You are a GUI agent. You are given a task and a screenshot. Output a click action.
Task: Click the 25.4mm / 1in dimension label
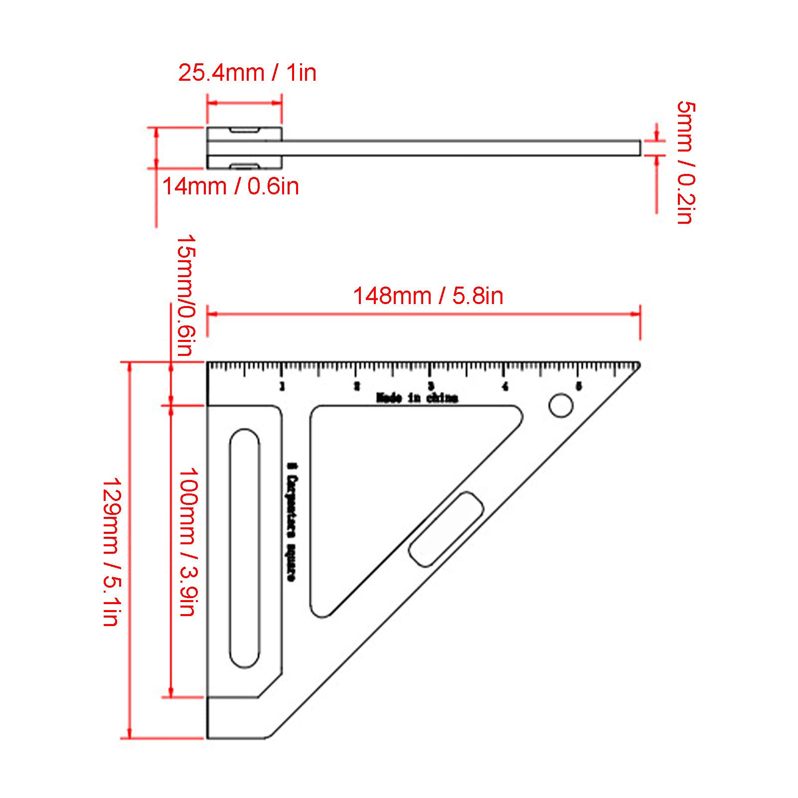click(x=247, y=73)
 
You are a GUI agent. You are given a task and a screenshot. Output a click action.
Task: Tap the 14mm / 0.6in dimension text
click(x=230, y=187)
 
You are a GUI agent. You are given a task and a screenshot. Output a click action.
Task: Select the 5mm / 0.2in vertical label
click(x=686, y=162)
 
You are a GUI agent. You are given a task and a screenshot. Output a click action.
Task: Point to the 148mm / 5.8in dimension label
click(x=428, y=296)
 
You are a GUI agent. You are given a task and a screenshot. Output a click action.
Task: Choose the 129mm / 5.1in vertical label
click(x=110, y=552)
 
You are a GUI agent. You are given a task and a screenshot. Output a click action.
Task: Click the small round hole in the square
click(x=561, y=406)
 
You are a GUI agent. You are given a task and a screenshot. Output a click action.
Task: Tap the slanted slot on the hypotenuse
click(x=446, y=529)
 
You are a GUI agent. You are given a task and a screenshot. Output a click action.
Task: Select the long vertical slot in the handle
click(x=245, y=548)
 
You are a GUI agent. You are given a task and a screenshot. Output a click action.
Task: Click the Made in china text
click(x=417, y=398)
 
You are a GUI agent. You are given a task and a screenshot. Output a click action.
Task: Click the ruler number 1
click(x=283, y=386)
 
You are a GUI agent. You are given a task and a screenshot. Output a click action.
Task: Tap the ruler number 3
click(x=431, y=386)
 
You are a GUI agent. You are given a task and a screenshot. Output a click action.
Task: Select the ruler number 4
click(x=505, y=386)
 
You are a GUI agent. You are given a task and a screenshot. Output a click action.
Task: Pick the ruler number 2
click(x=357, y=386)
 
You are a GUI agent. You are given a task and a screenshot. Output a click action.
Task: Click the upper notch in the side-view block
click(x=244, y=131)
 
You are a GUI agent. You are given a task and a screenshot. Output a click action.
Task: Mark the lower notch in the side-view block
click(x=244, y=165)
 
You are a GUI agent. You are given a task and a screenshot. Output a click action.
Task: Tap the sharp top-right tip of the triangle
click(x=638, y=364)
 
